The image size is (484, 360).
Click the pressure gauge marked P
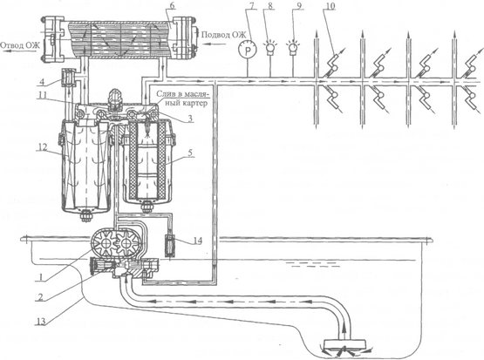point(248,51)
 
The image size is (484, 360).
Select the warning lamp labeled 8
point(270,49)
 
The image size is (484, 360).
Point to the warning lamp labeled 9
point(293,49)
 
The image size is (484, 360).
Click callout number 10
point(330,6)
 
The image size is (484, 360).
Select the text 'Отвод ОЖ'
point(20,46)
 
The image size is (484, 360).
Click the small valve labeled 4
point(69,78)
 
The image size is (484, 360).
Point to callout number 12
point(44,147)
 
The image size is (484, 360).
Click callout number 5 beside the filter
point(190,153)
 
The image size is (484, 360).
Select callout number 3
point(190,119)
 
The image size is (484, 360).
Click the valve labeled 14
point(171,246)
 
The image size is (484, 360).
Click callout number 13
point(41,321)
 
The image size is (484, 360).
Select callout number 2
point(40,297)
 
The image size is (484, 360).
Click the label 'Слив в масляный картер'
point(181,98)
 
